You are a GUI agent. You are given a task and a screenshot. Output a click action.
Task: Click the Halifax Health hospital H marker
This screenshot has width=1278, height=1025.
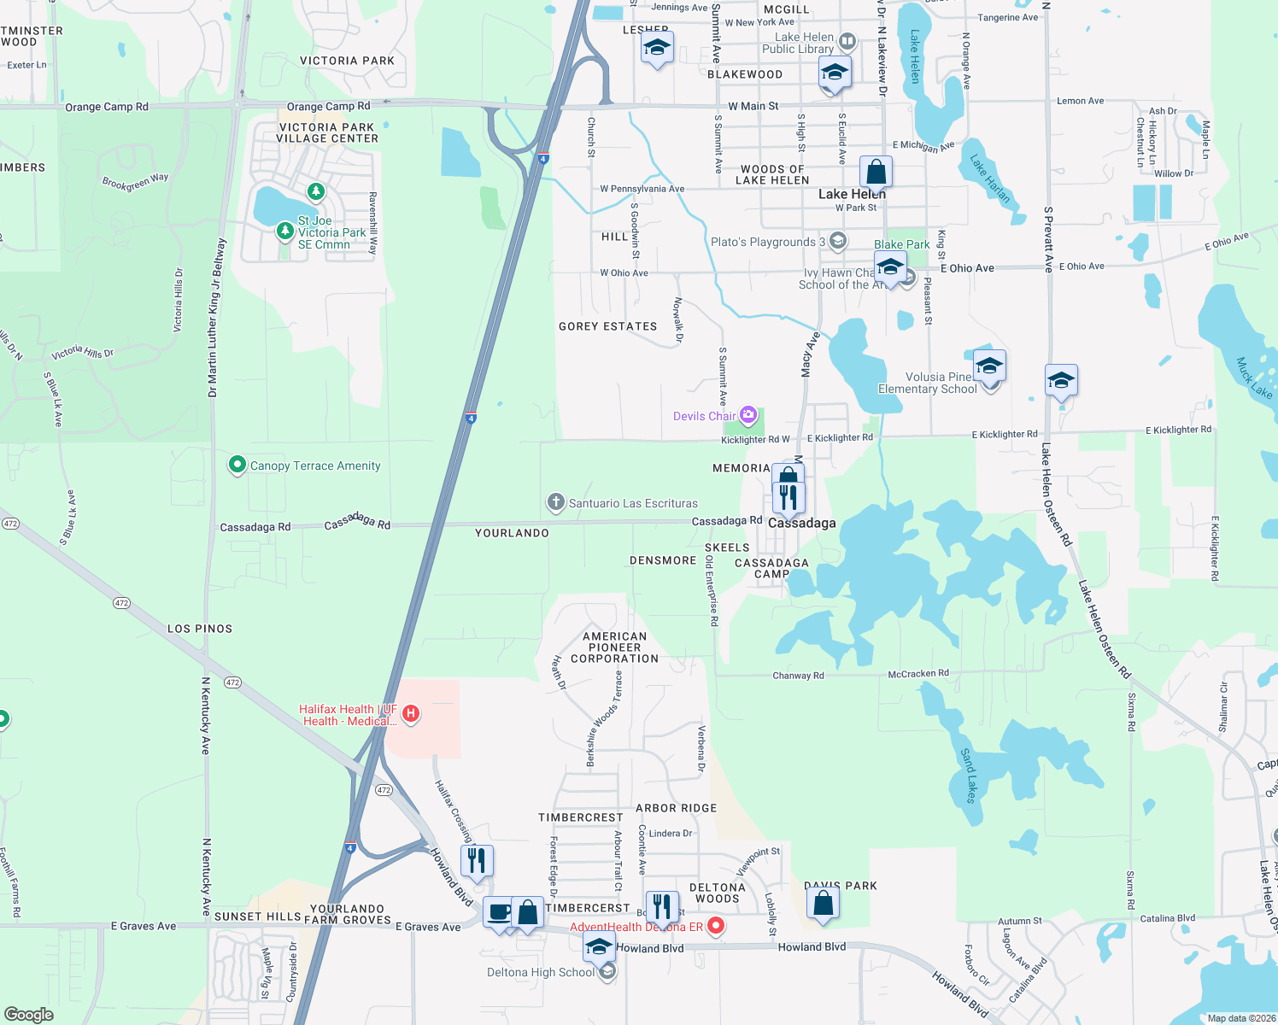(x=411, y=713)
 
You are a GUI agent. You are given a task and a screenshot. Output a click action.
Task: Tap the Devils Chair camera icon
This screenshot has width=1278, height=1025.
(x=748, y=415)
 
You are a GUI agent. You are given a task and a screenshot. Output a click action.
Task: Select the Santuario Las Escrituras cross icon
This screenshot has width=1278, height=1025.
(x=555, y=502)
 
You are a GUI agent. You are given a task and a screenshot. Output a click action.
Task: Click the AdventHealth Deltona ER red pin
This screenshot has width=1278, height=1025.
(x=716, y=926)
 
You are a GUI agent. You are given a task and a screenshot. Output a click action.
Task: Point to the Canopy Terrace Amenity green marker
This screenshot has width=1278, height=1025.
(x=237, y=465)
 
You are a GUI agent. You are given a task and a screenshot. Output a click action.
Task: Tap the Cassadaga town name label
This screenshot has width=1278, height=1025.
(x=801, y=523)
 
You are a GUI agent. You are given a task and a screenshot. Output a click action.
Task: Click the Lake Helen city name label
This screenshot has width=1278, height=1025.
(x=852, y=194)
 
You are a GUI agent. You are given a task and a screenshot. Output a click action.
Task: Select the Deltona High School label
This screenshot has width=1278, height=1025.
(x=540, y=972)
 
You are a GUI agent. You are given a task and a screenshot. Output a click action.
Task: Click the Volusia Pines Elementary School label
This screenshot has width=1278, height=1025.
(x=928, y=383)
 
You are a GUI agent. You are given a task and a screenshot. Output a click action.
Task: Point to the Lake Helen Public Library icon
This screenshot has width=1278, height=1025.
(x=847, y=40)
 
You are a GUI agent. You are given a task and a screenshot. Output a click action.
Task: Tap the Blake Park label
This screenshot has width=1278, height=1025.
(x=901, y=244)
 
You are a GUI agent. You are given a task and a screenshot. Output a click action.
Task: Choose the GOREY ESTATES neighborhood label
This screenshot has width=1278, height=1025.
(x=607, y=326)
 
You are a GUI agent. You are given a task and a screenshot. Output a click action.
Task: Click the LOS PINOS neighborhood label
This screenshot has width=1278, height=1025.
(x=200, y=629)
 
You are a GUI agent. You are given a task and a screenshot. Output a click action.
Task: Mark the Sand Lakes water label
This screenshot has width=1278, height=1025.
(x=969, y=776)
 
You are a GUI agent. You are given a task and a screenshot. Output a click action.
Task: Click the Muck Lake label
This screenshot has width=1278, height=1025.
(x=1254, y=378)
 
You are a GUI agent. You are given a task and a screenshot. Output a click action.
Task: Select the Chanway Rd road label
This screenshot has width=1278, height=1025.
(x=798, y=676)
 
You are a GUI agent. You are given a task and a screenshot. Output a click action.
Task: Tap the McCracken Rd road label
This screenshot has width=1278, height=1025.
(x=918, y=673)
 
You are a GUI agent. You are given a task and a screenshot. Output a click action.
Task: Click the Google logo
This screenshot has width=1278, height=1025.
(x=29, y=1014)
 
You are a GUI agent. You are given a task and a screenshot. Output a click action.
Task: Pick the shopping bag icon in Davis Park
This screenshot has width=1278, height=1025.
(x=823, y=902)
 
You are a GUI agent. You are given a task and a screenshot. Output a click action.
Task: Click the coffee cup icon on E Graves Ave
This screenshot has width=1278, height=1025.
(x=499, y=911)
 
